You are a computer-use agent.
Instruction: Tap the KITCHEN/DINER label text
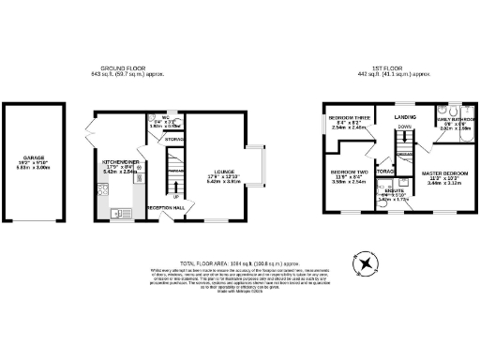point(121,161)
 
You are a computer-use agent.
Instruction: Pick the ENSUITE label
point(387,190)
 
